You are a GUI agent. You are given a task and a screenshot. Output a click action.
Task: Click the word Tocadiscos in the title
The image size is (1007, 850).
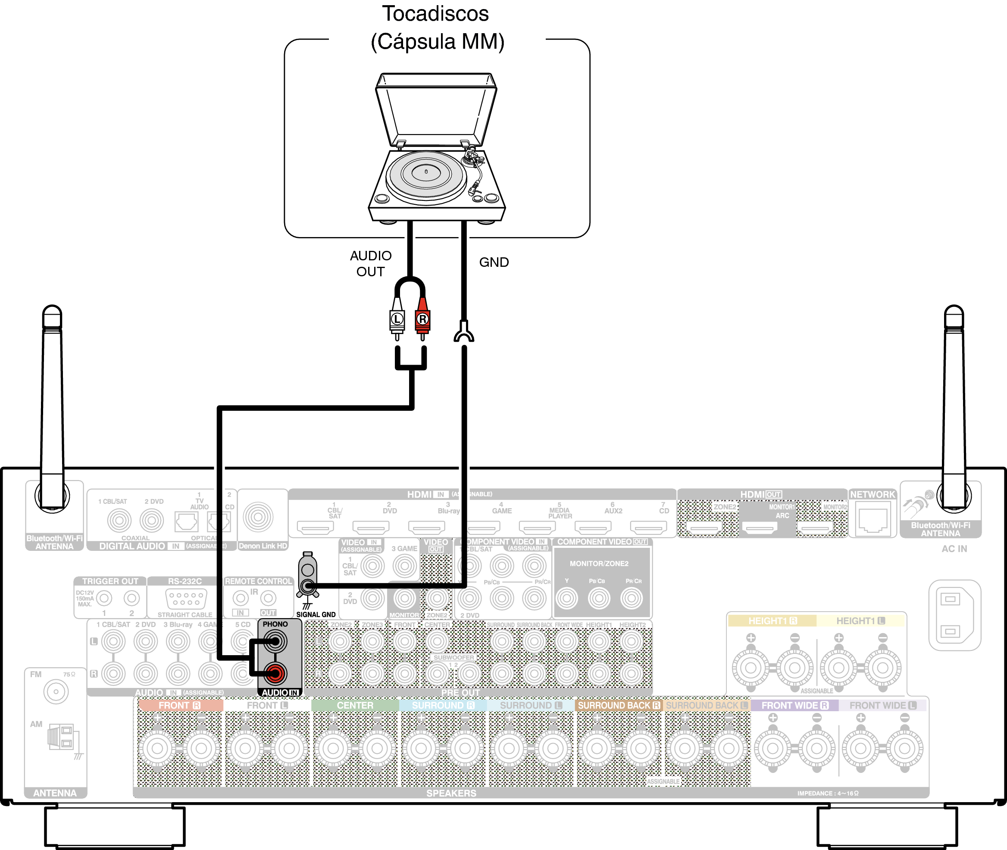point(435,13)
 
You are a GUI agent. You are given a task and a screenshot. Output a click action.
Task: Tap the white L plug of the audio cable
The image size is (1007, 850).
point(397,319)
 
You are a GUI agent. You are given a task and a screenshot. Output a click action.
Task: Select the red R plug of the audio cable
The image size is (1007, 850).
point(422,319)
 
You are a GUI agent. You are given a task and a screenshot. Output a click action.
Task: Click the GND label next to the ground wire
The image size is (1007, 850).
point(494,262)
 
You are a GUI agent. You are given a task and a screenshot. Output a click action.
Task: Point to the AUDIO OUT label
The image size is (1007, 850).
point(371,263)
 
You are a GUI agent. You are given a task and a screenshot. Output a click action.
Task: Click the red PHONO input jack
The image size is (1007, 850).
point(275,673)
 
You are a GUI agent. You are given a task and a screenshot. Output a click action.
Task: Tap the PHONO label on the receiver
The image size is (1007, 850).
point(275,624)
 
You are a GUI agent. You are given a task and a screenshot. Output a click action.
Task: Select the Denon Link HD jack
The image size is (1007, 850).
point(258,517)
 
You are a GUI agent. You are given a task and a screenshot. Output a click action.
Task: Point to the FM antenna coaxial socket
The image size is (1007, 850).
point(56,692)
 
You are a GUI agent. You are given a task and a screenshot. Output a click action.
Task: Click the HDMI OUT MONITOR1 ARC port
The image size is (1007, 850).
point(760,528)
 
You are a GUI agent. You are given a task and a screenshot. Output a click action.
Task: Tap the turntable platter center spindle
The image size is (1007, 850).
point(426,172)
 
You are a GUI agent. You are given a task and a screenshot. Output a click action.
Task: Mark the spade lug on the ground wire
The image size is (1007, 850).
point(464,332)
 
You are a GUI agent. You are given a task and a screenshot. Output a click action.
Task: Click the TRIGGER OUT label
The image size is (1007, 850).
point(110,581)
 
